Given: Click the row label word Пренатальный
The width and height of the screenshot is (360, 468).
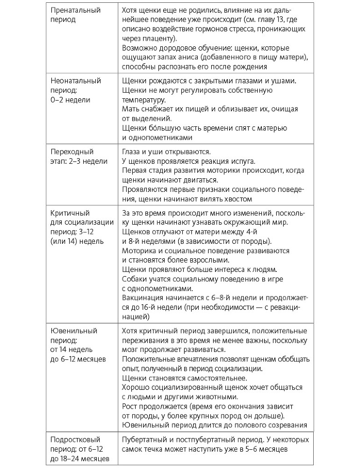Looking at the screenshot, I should (75, 10).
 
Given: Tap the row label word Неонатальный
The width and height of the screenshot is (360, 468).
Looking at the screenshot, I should (75, 80).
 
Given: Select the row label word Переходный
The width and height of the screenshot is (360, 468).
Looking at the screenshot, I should (72, 152).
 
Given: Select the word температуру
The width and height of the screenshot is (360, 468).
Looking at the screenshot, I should (143, 99).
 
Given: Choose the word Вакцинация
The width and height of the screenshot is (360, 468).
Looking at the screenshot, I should (145, 298).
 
